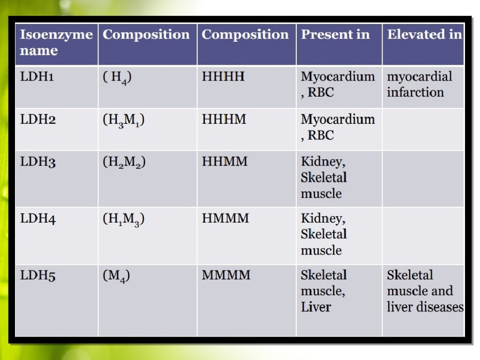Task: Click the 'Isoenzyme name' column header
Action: point(56,43)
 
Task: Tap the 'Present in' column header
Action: point(335,35)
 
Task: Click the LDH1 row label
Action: point(37,77)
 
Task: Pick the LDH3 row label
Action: point(38,162)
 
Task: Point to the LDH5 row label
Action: point(38,276)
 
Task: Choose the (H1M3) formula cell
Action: point(123,219)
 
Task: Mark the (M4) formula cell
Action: point(116,276)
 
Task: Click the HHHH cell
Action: point(223,76)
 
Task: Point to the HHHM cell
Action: point(224,120)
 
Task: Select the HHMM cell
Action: point(225,162)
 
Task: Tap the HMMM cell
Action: point(225,218)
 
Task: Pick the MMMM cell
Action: point(226,275)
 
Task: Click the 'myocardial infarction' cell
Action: point(420,84)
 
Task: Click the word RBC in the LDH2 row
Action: point(321,135)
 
